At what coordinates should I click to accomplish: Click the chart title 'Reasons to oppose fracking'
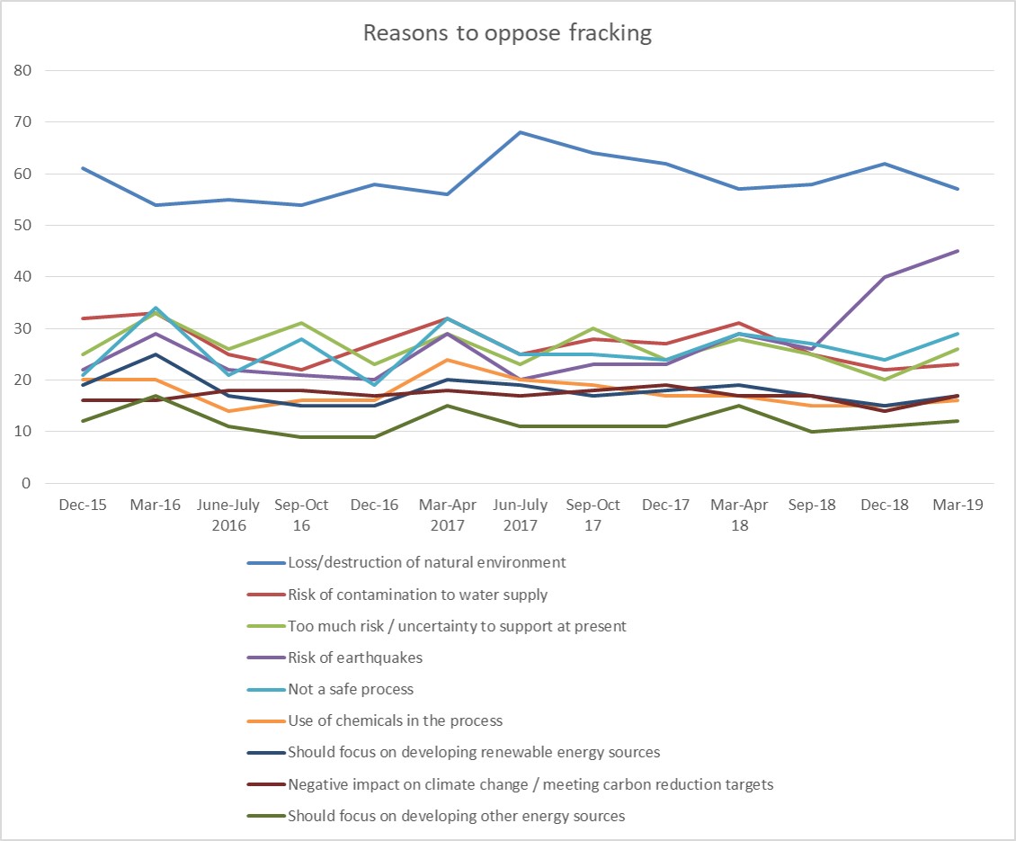click(x=507, y=34)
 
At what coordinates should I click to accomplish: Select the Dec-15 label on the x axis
click(x=82, y=505)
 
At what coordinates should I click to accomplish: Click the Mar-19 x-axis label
click(x=958, y=505)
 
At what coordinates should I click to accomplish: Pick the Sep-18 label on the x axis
click(x=812, y=505)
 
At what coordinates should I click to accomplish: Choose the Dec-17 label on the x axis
click(x=665, y=505)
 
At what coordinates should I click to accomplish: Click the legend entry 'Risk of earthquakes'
click(x=355, y=658)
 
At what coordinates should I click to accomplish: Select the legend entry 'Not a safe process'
click(x=352, y=689)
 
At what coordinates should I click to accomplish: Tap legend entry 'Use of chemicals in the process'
click(x=395, y=720)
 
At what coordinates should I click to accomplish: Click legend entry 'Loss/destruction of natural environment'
click(x=426, y=563)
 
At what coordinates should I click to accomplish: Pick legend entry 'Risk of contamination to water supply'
click(x=417, y=595)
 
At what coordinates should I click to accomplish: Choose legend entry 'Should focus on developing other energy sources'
click(x=456, y=816)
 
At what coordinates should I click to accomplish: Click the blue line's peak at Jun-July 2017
click(x=520, y=132)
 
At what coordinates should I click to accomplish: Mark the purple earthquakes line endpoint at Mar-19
click(x=958, y=251)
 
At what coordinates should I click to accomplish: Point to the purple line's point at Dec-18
click(x=885, y=277)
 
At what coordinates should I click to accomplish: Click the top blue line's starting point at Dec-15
click(x=82, y=168)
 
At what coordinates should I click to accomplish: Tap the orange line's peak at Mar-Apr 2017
click(x=447, y=360)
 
